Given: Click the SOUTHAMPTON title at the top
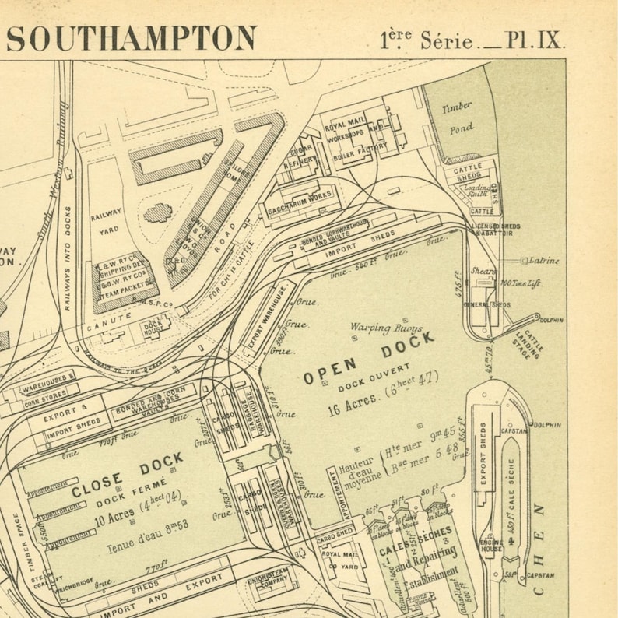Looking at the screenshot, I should coord(132,38).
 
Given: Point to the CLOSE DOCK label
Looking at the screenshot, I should coord(128,476).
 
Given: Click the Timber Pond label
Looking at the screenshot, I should coord(458,118).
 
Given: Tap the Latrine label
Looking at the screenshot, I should coord(543,261).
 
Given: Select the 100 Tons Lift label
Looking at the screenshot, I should coord(520,283).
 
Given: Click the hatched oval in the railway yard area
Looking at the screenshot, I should coord(159,212).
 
